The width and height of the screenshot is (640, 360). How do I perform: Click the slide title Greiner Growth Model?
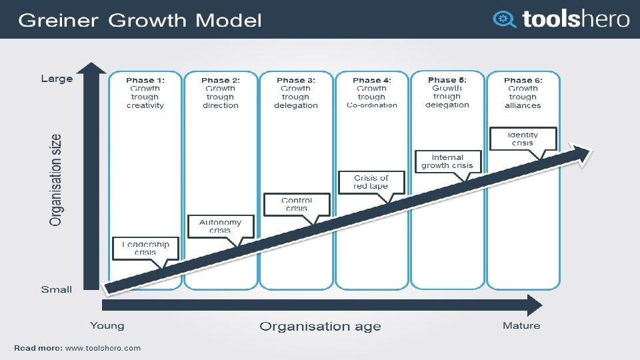pyautogui.click(x=139, y=20)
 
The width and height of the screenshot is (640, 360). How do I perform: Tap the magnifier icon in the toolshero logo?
pyautogui.click(x=504, y=19)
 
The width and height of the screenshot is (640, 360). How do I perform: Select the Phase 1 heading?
pyautogui.click(x=145, y=80)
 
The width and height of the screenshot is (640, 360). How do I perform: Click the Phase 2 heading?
pyautogui.click(x=220, y=80)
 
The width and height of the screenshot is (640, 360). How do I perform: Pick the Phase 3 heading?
pyautogui.click(x=295, y=80)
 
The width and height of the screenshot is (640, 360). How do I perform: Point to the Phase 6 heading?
pyautogui.click(x=523, y=80)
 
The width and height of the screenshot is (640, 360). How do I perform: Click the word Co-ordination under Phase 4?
pyautogui.click(x=371, y=105)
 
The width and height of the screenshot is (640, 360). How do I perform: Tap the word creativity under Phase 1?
pyautogui.click(x=145, y=105)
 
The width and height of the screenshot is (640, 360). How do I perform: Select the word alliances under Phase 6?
pyautogui.click(x=523, y=105)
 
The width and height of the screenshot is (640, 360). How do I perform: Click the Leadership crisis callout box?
pyautogui.click(x=145, y=248)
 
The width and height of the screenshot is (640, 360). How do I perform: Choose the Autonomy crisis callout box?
pyautogui.click(x=220, y=226)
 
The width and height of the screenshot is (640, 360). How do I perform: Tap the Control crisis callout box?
pyautogui.click(x=296, y=204)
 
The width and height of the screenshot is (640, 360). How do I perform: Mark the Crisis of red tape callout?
pyautogui.click(x=371, y=181)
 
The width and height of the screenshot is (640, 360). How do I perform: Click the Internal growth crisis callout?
pyautogui.click(x=447, y=161)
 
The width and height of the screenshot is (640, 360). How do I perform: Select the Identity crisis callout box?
pyautogui.click(x=523, y=138)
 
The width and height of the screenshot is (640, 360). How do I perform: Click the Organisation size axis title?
pyautogui.click(x=56, y=180)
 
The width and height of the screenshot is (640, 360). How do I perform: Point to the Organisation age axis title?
pyautogui.click(x=320, y=326)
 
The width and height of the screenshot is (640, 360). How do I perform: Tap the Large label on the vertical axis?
pyautogui.click(x=57, y=79)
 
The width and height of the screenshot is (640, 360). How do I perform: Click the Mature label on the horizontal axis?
pyautogui.click(x=521, y=325)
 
